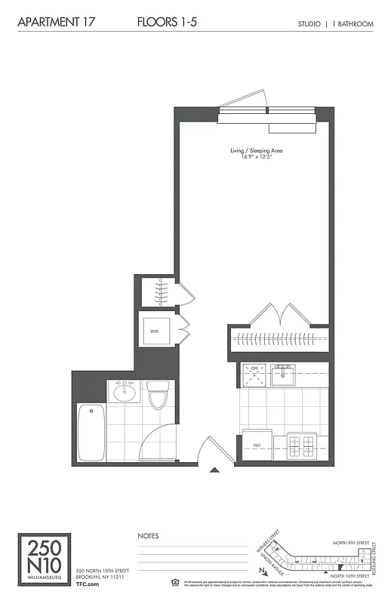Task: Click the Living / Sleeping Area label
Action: [x=257, y=151]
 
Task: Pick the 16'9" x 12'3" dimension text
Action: [x=257, y=158]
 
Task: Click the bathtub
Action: [x=91, y=433]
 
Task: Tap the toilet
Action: [x=157, y=394]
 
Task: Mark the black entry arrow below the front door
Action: [x=214, y=470]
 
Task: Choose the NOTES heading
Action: [x=148, y=536]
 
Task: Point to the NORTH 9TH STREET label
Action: [x=352, y=542]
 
